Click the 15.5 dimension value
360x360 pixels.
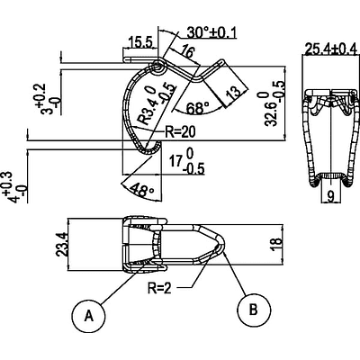(x=139, y=42)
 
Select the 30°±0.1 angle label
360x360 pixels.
(x=211, y=32)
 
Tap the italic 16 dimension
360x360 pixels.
(x=187, y=51)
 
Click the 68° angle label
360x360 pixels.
(x=197, y=108)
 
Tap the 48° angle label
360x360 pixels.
(x=143, y=191)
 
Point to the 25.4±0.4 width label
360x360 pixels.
(x=330, y=49)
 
